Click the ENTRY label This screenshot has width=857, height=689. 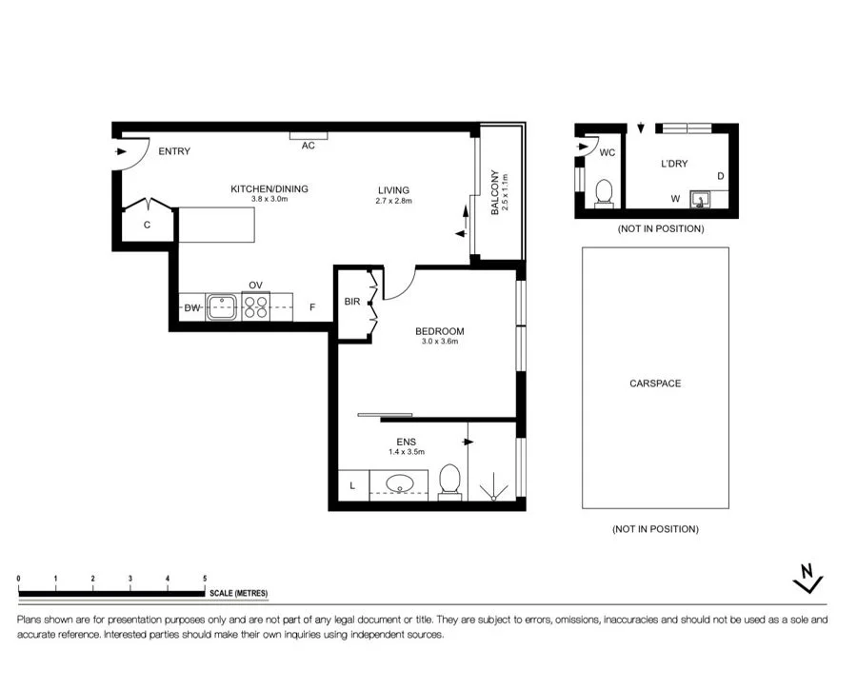click(x=174, y=151)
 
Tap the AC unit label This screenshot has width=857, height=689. click(x=309, y=146)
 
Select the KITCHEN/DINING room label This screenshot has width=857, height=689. click(x=269, y=189)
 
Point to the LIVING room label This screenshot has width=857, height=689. click(x=393, y=190)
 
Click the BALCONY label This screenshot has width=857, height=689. click(x=495, y=192)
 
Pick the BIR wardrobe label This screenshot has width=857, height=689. click(x=352, y=301)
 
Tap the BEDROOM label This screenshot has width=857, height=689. click(x=439, y=331)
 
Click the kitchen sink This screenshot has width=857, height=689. click(x=221, y=307)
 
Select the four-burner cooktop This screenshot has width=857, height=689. click(x=256, y=307)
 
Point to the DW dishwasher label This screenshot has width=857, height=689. click(x=191, y=308)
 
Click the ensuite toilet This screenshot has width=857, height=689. click(x=449, y=482)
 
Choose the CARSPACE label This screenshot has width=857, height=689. click(x=655, y=384)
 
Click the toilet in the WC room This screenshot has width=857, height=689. click(x=604, y=193)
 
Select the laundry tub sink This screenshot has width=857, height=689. click(x=700, y=200)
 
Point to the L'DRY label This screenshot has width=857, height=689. click(x=674, y=164)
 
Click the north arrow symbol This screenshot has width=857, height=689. click(x=807, y=578)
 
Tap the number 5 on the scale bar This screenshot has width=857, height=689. click(x=205, y=579)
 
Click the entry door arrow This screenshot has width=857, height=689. click(x=121, y=151)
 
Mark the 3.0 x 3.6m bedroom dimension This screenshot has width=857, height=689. click(x=439, y=342)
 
